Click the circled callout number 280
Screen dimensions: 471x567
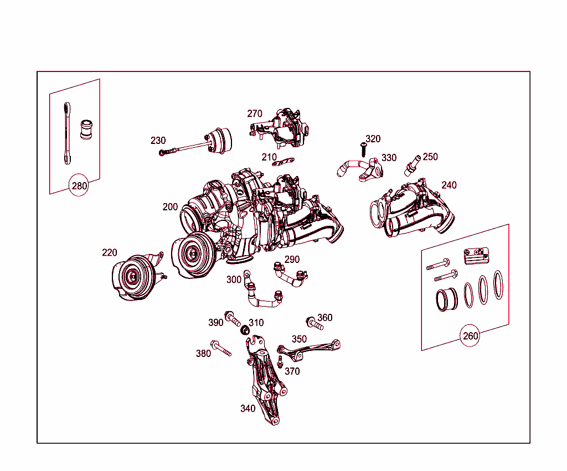coord(79,185)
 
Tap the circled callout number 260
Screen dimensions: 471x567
coord(470,335)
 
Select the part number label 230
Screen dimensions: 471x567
coord(158,141)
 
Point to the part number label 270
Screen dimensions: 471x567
coord(255,113)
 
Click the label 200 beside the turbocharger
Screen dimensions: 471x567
coord(170,206)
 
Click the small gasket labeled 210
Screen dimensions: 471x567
coord(285,163)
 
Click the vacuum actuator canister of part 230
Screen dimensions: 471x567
coord(220,138)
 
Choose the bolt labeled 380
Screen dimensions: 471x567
coord(221,349)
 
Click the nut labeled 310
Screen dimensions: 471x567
coord(244,331)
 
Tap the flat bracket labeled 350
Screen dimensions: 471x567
coord(310,348)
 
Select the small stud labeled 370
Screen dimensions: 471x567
coord(281,363)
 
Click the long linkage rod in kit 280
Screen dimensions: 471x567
coord(66,133)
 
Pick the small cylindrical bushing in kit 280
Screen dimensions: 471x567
coord(86,130)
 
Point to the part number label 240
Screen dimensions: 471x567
coord(449,185)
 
